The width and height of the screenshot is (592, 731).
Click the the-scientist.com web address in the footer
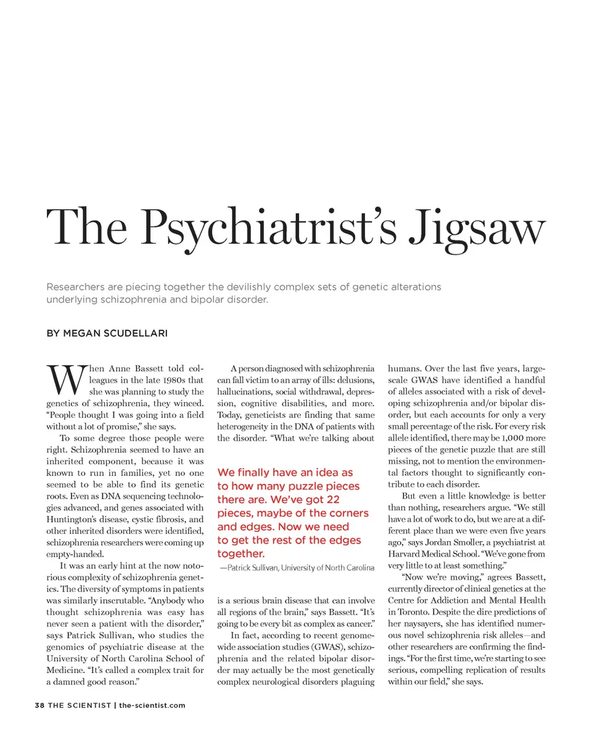152,705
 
